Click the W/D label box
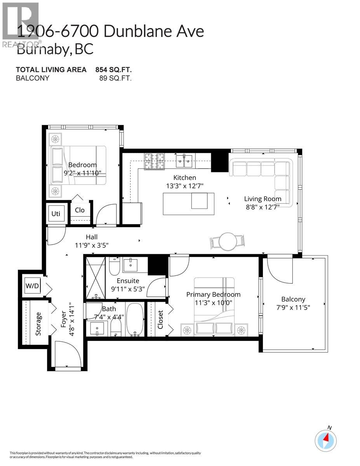coord(33,286)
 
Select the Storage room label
coord(38,323)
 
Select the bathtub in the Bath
coord(135,320)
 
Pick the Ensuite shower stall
coord(96,276)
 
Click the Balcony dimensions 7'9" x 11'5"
coord(294,307)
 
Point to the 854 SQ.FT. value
coord(113,70)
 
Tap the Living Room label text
coord(263,199)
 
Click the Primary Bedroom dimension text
coord(213,303)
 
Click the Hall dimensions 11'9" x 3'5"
coord(92,245)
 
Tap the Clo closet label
coord(80,210)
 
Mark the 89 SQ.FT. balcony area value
coord(115,78)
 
